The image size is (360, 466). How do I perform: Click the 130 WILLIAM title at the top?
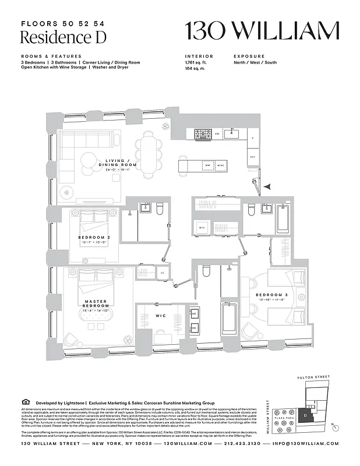pyautogui.click(x=262, y=30)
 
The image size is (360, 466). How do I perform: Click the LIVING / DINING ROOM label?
pyautogui.click(x=121, y=164)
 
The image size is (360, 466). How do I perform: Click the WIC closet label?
pyautogui.click(x=161, y=316)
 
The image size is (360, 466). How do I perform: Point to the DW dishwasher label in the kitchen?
pyautogui.click(x=217, y=134)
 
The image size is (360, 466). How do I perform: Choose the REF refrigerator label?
pyautogui.click(x=253, y=157)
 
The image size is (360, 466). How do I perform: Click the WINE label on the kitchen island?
pyautogui.click(x=221, y=166)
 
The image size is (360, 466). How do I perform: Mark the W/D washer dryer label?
pyautogui.click(x=202, y=227)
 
